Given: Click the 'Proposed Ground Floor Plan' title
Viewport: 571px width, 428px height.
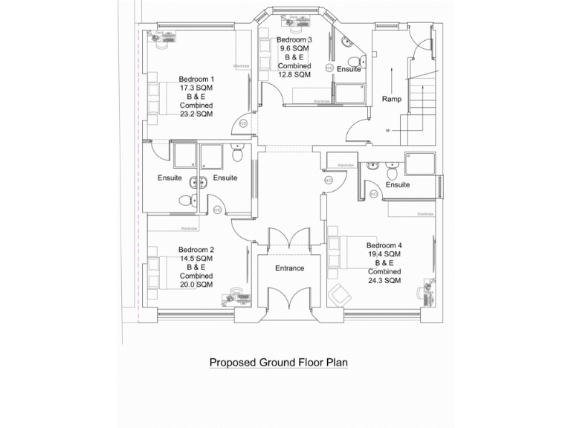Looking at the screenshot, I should [x=278, y=363].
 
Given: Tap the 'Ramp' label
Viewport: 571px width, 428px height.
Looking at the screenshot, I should [x=391, y=99].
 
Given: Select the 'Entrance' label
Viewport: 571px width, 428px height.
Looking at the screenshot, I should [x=290, y=268].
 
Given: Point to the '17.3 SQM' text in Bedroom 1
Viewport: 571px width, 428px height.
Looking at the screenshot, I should [x=196, y=88].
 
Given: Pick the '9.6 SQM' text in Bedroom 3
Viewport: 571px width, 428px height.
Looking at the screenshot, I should [x=294, y=48].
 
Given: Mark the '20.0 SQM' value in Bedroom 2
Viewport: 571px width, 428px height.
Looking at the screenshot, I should [x=196, y=285].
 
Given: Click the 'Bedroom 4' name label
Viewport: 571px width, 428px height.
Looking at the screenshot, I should [x=384, y=245].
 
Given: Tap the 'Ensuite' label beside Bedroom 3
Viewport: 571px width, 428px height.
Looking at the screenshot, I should [x=348, y=69].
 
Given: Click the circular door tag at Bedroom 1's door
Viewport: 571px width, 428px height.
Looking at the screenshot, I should [x=242, y=123].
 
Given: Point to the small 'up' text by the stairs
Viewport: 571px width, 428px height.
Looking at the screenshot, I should [x=388, y=130].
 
